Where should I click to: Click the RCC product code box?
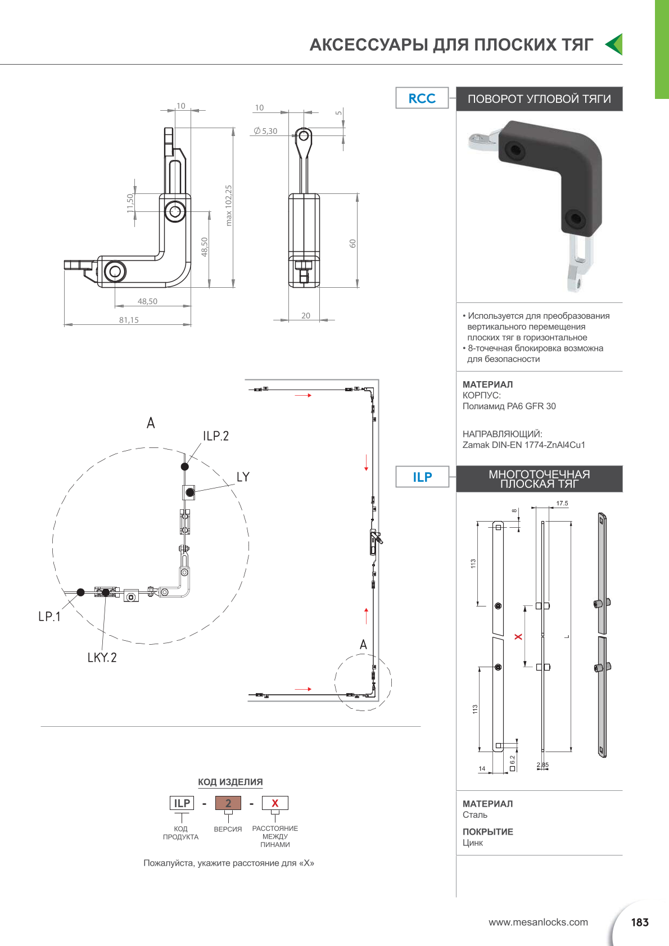[x=422, y=98]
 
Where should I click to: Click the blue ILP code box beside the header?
[x=422, y=477]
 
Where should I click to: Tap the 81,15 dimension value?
[x=129, y=320]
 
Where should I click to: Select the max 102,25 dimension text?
[x=229, y=205]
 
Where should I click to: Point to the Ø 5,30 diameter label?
[x=265, y=131]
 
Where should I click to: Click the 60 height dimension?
[x=352, y=243]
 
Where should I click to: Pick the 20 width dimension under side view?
[x=305, y=315]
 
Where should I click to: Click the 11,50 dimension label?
[x=130, y=203]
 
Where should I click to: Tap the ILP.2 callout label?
[x=216, y=436]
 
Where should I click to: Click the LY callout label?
[x=243, y=477]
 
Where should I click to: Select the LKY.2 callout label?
[x=102, y=658]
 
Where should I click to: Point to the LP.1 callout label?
[x=49, y=617]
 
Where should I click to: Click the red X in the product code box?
[x=275, y=803]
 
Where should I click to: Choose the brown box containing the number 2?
[x=228, y=803]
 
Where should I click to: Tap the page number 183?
[x=640, y=922]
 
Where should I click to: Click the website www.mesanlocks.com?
[x=538, y=922]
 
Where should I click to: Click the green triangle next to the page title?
[x=614, y=44]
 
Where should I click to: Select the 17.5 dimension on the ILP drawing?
[x=562, y=503]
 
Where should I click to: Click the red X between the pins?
[x=518, y=636]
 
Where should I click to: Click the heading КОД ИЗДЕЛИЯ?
[x=230, y=782]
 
